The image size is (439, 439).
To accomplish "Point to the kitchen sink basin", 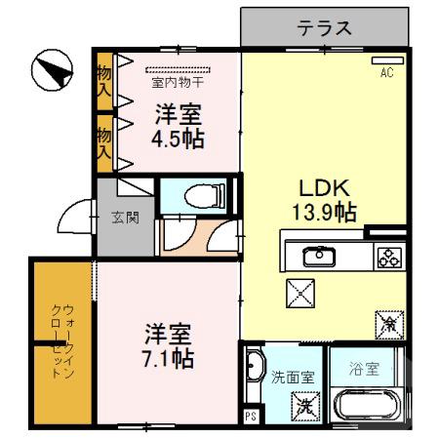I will coord(317,257).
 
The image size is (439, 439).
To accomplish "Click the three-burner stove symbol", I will coord(387,258).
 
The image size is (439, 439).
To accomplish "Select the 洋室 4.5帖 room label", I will coord(177,126).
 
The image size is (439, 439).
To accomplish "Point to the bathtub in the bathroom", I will coord(368,406).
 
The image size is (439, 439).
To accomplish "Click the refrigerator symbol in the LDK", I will coord(387,321).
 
